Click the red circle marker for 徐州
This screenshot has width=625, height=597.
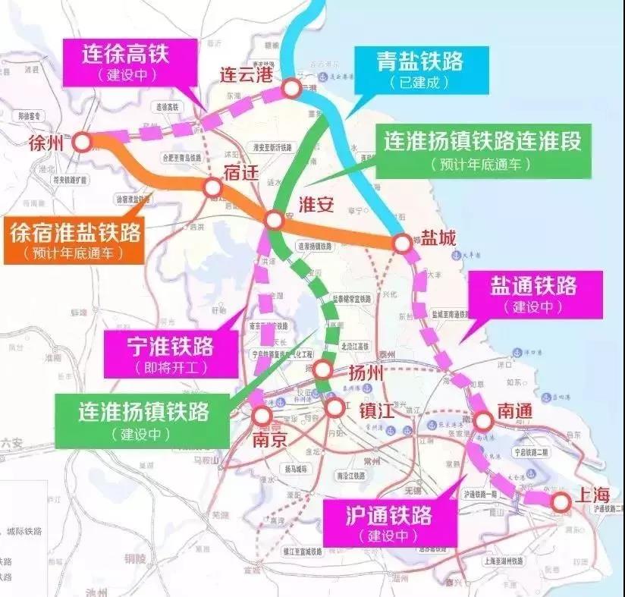click(x=82, y=141)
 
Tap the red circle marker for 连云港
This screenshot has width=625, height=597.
click(x=291, y=89)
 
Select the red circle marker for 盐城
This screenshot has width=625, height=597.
click(x=402, y=243)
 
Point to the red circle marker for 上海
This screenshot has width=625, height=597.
click(x=561, y=501)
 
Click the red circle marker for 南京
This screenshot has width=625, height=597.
click(x=262, y=416)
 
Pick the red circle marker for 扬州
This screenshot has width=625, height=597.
click(x=323, y=370)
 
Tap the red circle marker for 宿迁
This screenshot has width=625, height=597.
click(x=213, y=187)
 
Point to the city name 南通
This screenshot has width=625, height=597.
click(x=515, y=410)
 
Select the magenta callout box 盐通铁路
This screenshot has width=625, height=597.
click(x=534, y=293)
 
